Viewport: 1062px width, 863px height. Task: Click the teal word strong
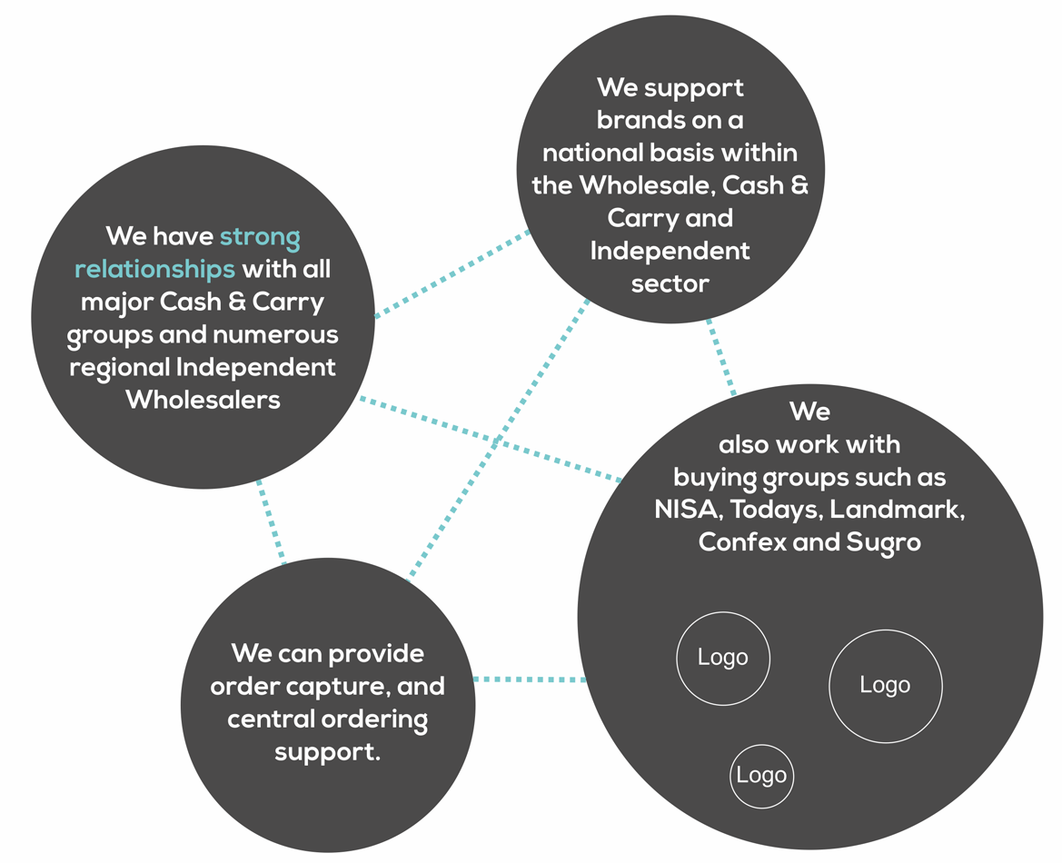[x=260, y=237]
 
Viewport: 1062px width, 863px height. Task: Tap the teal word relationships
[x=154, y=270]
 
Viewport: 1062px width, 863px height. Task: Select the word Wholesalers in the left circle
[x=203, y=400]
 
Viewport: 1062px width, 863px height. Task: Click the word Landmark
[x=900, y=509]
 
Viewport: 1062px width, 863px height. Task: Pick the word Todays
[x=780, y=509]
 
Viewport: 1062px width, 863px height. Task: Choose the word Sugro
[x=884, y=542]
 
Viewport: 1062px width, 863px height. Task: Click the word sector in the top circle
[x=670, y=283]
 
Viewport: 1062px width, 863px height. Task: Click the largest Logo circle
[x=886, y=686]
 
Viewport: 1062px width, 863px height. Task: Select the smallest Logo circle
[x=761, y=776]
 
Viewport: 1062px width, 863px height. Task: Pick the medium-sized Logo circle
[x=723, y=658]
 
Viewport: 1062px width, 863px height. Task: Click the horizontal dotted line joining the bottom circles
[x=529, y=679]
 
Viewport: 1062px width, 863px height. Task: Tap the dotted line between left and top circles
[x=452, y=273]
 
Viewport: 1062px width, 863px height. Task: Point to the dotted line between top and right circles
[x=721, y=357]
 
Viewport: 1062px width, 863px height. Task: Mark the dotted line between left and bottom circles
[x=271, y=522]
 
